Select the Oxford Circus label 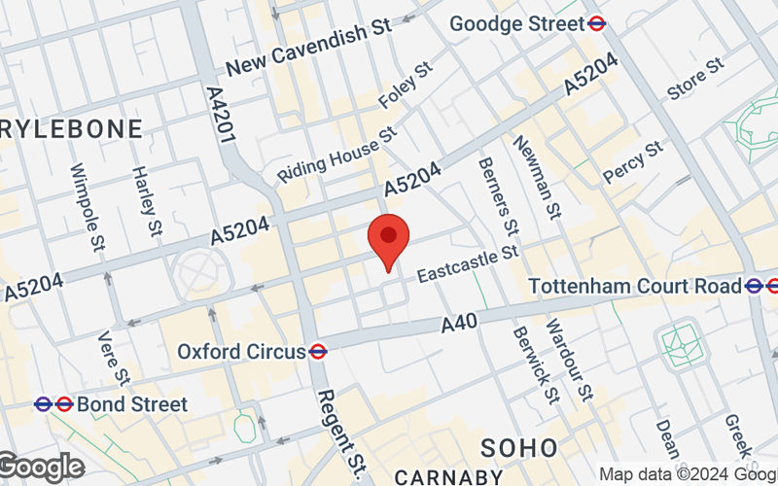tap(241, 351)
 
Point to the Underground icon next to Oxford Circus tap(317, 351)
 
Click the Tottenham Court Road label tap(635, 286)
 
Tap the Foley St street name tap(409, 86)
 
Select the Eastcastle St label tap(465, 264)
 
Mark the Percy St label tap(632, 162)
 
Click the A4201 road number tap(222, 114)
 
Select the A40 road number tap(459, 325)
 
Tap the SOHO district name tap(520, 447)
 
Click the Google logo tap(40, 467)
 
